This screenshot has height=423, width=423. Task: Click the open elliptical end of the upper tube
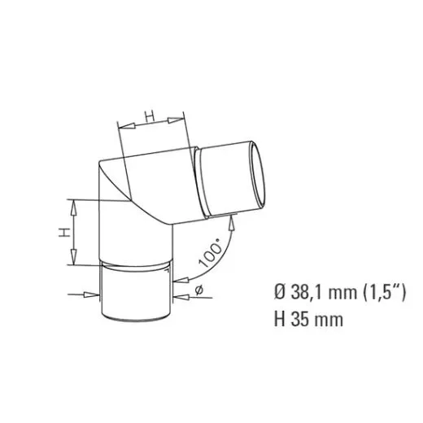(255, 177)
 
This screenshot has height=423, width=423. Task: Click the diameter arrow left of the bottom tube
(91, 294)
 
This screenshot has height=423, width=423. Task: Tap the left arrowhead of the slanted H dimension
(124, 126)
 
